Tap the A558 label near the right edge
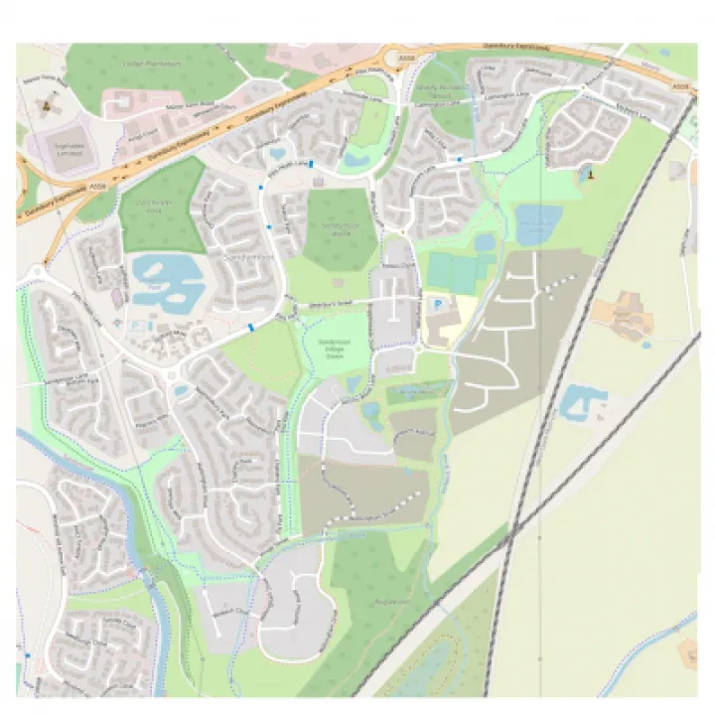[679, 88]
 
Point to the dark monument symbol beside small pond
[591, 174]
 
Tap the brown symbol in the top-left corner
[44, 101]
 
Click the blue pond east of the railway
[582, 401]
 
